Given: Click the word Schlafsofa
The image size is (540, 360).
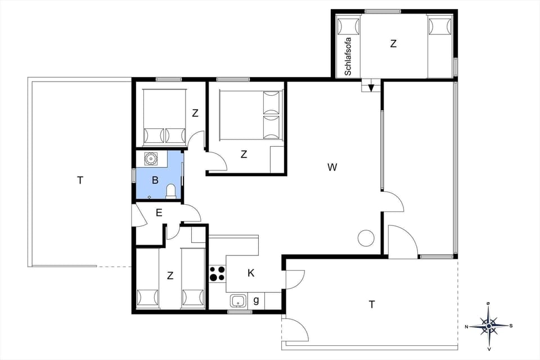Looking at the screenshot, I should point(348,56).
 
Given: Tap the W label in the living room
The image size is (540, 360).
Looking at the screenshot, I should point(332,167).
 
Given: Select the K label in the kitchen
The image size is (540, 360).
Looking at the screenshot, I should point(251,273).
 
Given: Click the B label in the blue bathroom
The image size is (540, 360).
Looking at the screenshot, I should point(156,181).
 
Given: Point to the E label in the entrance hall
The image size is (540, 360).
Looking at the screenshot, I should point(159,213).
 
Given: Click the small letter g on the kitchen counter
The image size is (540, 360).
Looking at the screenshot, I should point(256,301).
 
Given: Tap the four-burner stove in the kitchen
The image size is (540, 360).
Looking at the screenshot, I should point(217,274).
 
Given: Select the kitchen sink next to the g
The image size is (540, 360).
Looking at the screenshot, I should point(238,301).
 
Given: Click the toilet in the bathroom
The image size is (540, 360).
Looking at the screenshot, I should point(172,191).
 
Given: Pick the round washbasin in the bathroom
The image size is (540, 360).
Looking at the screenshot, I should point(151,159).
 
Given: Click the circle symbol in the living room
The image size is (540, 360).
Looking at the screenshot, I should point(366,238).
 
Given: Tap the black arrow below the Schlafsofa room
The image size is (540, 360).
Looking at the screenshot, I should point(371,87).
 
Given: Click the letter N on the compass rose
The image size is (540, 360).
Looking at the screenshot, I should point(467,326).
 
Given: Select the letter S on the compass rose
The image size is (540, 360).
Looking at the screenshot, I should point(511,326).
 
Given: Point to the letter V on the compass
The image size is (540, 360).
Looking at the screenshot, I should point(488,349).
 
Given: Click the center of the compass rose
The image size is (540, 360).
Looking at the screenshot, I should point(489,326).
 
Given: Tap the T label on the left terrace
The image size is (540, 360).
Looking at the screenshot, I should point(80,180).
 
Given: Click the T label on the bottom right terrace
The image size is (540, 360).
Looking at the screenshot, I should point(371,304).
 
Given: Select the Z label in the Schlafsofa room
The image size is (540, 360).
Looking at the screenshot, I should point(393,44).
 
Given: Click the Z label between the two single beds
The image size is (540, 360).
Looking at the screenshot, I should point(170,276).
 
